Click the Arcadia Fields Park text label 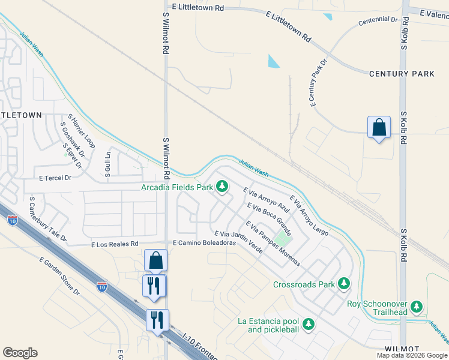coord(177,187)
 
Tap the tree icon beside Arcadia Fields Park coord(222,187)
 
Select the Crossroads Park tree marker coord(344,283)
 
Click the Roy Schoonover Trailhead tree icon coord(417,307)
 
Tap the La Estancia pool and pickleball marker coord(309,324)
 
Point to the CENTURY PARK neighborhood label coord(402,74)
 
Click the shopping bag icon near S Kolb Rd coord(379,128)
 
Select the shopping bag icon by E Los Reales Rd coord(155,260)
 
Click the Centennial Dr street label coord(378,20)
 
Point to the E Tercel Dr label coord(55,178)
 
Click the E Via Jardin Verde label coord(238,242)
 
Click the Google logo coord(20,353)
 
